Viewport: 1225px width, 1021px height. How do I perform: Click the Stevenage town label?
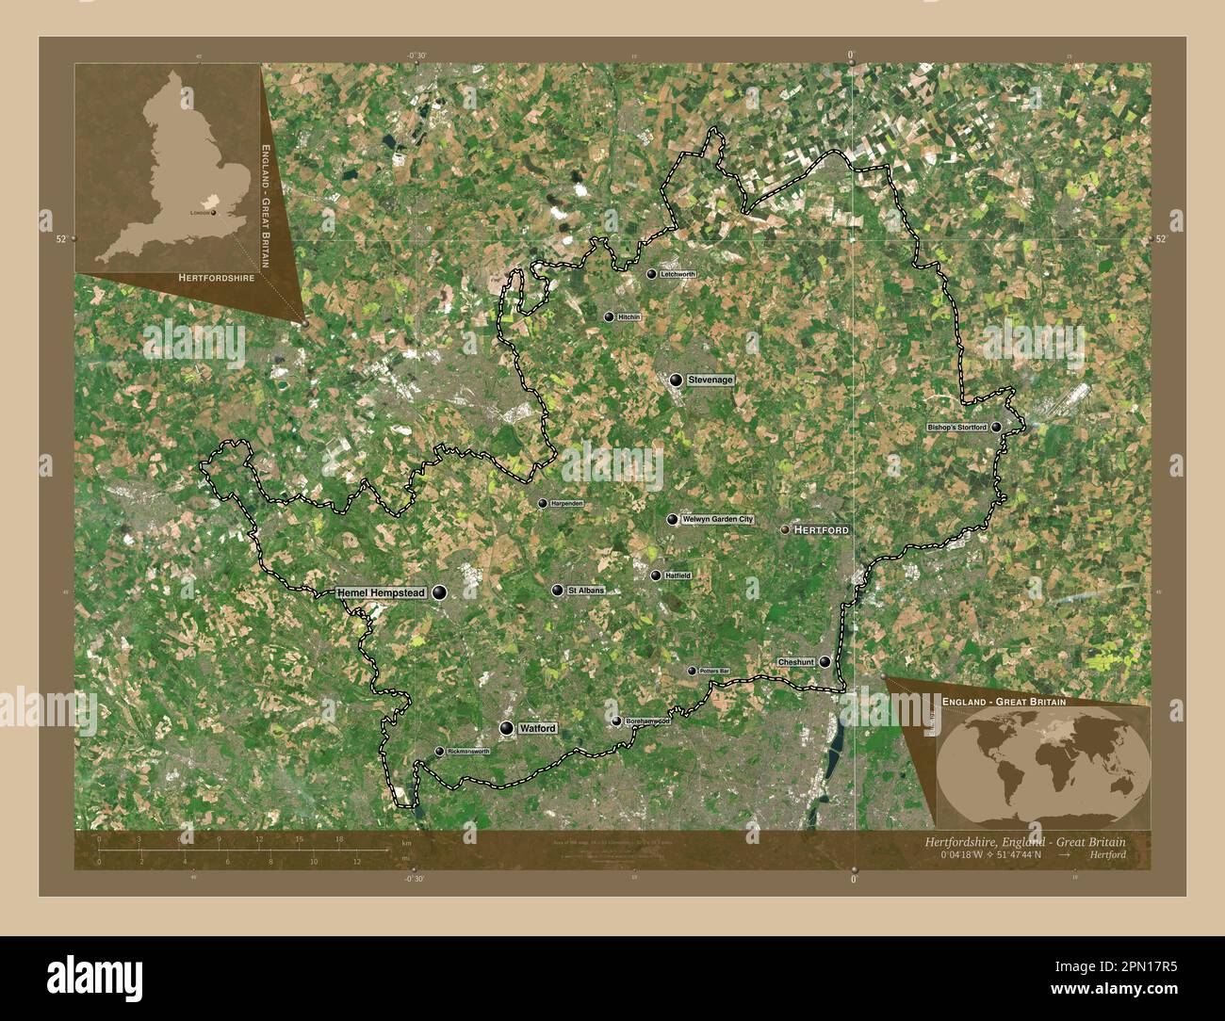710,381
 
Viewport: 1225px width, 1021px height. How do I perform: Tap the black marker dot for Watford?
508,728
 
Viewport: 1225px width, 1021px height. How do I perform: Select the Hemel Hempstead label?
382,592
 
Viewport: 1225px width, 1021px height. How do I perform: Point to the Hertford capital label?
821,530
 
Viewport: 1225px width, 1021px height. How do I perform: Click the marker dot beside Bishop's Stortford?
996,428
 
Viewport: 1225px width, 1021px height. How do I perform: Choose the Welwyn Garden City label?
719,520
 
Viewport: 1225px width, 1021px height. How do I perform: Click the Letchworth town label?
678,274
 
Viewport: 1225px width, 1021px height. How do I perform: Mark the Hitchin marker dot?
609,317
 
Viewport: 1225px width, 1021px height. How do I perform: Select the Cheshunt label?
796,662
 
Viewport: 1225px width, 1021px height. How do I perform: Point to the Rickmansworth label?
468,752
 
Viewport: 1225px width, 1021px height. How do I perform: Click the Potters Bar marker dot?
692,671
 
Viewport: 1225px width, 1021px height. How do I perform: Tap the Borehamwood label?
647,721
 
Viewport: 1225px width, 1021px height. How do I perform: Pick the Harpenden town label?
567,504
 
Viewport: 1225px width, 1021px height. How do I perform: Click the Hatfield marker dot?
656,575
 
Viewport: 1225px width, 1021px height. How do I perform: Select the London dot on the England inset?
214,213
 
